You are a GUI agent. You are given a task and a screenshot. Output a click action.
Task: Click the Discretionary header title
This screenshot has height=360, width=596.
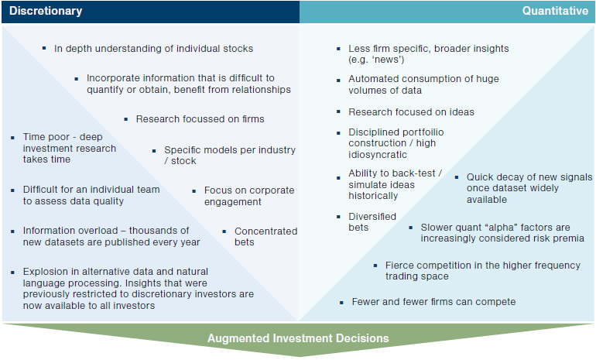[46, 11]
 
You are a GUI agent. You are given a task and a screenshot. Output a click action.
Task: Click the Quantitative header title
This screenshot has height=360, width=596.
[555, 11]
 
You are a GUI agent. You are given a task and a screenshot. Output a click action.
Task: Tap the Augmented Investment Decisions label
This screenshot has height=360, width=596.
[298, 338]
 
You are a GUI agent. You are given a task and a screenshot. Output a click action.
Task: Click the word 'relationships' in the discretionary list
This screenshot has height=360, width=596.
[259, 90]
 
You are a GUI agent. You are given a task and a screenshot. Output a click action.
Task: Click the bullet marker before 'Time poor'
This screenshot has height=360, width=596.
[13, 138]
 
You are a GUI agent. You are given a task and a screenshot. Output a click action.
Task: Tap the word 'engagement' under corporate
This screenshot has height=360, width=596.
[233, 202]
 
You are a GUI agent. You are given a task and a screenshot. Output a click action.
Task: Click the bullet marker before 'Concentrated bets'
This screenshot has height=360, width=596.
[224, 231]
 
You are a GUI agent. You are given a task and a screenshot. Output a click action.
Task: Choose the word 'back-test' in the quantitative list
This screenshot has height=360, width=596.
[416, 173]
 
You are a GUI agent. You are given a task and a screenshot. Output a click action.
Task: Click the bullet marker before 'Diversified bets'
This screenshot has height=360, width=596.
[338, 217]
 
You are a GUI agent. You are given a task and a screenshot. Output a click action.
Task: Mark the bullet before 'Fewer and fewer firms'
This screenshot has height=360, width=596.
[341, 303]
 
